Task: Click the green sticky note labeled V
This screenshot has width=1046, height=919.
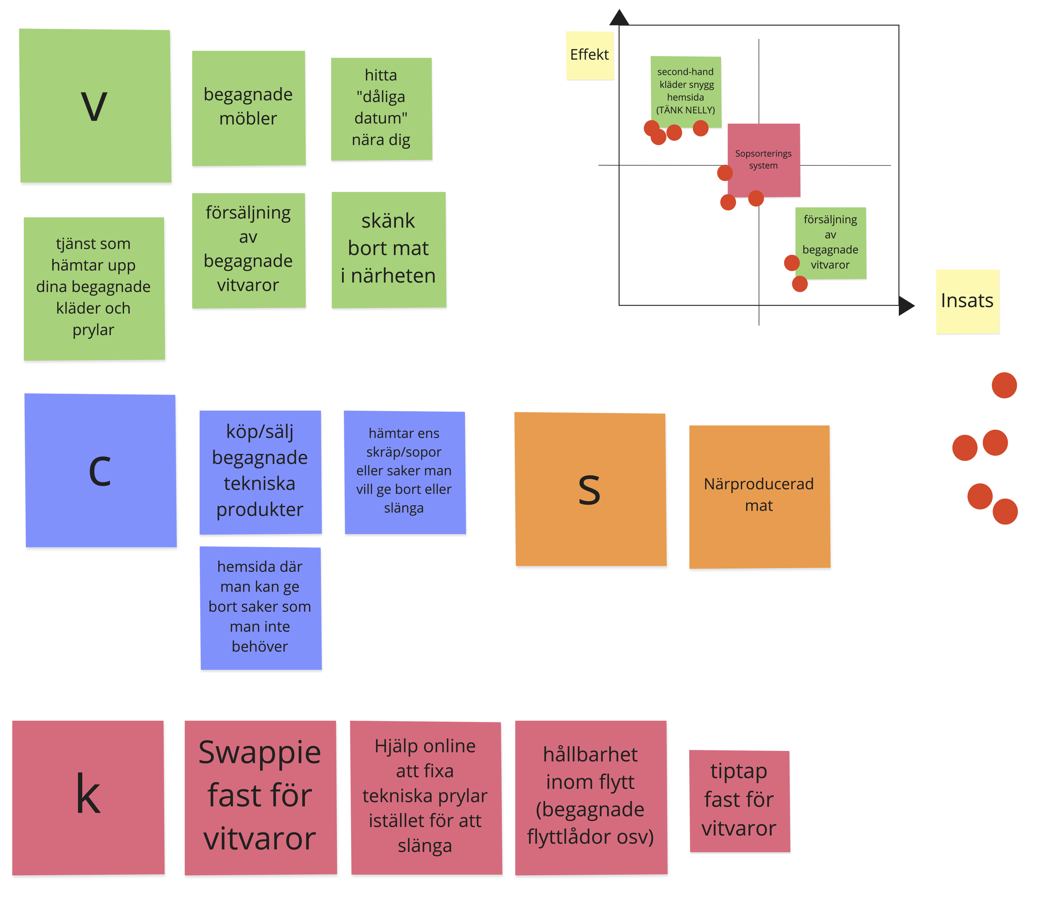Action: (x=95, y=106)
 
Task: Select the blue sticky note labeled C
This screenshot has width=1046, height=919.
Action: (x=100, y=470)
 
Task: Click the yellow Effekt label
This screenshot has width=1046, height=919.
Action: (x=590, y=55)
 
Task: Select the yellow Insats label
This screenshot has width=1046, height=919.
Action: (x=967, y=302)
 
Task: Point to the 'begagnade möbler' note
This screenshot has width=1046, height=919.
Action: (x=249, y=108)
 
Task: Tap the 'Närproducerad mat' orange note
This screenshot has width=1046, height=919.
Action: (x=759, y=497)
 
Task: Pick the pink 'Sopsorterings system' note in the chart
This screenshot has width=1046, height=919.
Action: (x=764, y=160)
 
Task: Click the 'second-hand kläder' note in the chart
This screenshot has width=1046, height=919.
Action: (x=686, y=91)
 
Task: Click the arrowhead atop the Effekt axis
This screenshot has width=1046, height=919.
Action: (x=619, y=18)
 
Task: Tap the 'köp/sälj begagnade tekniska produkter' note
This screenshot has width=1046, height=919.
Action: (x=261, y=472)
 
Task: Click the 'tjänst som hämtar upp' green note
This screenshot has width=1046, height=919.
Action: (x=94, y=288)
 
